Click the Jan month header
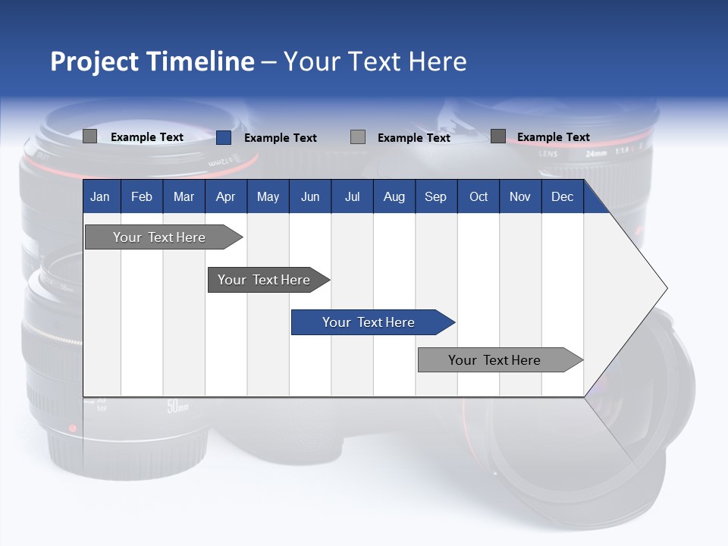coord(100,196)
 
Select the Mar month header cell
coord(184,196)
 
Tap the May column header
coord(268,196)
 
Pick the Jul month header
coord(352,196)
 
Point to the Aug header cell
coord(394,196)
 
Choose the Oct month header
coord(479,196)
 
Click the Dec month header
coord(562,196)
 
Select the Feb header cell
coord(142,196)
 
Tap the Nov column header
coord(520,196)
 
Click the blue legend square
coord(223,137)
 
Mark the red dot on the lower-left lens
coord(73,428)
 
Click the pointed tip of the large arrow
coord(666,288)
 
